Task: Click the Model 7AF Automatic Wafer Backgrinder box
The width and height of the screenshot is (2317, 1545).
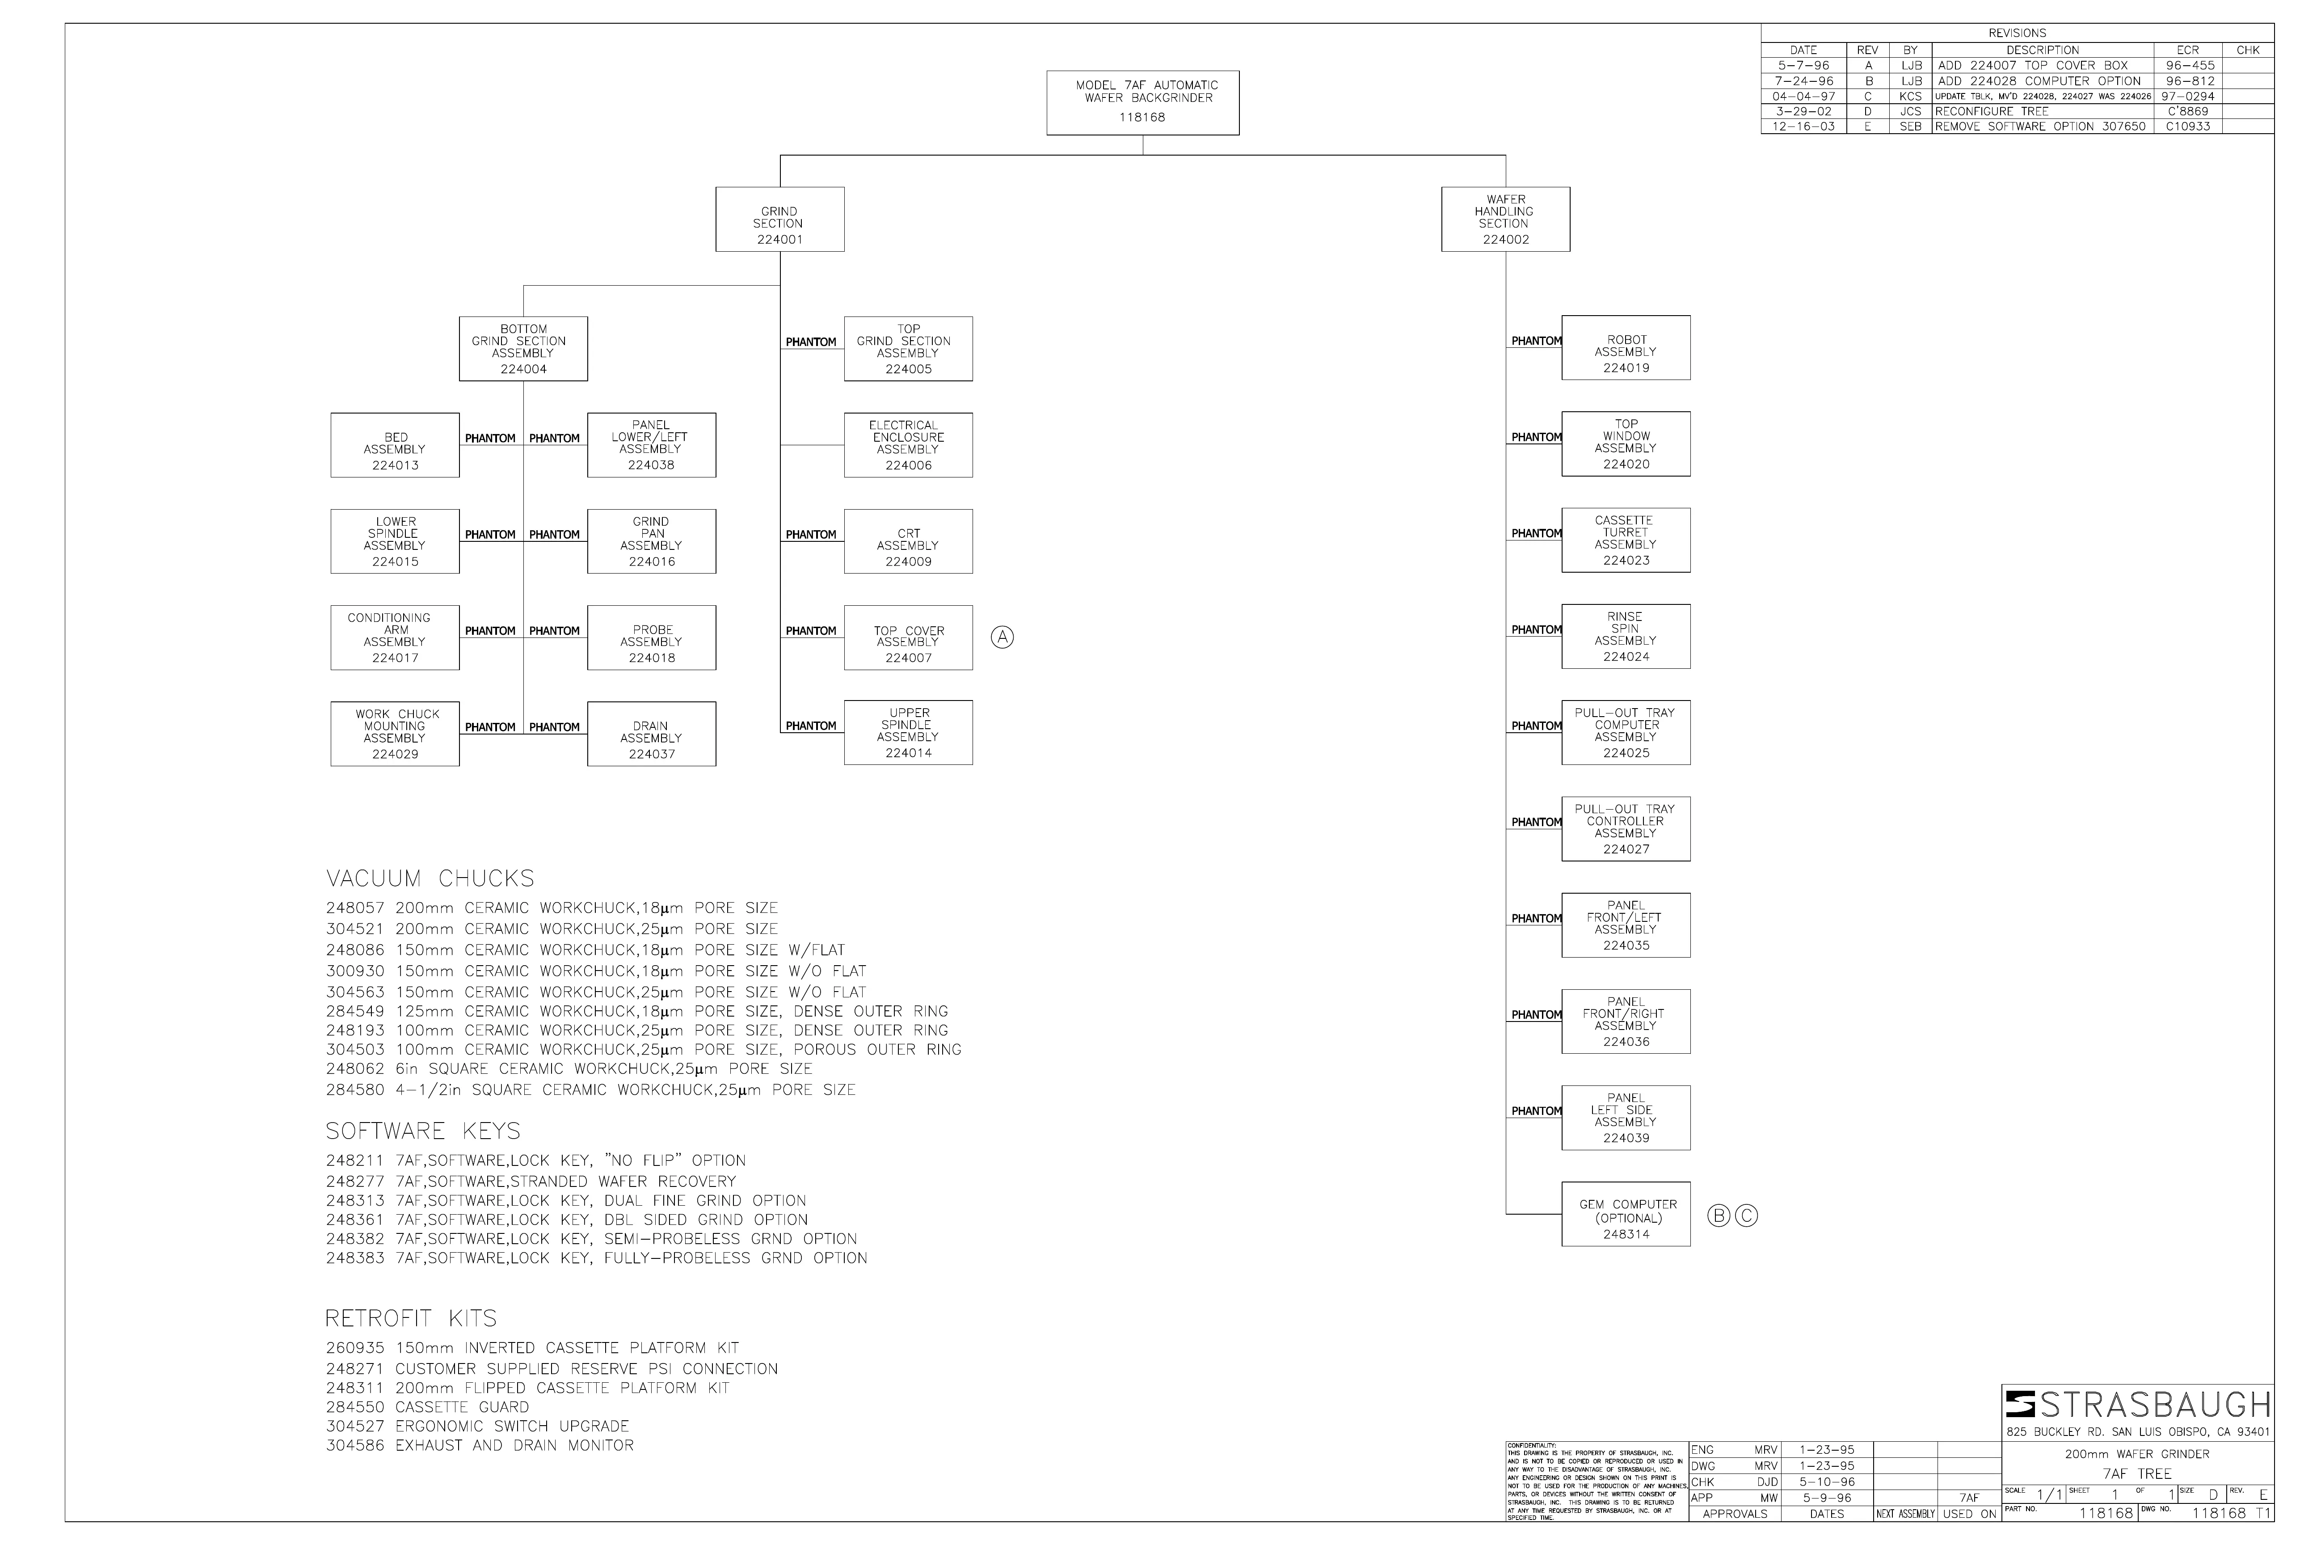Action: pos(1143,102)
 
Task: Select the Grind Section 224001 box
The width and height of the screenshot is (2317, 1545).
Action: pos(779,219)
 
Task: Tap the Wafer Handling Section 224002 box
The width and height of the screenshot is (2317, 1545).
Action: pos(1505,219)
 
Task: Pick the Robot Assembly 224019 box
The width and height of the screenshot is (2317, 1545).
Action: pos(1626,348)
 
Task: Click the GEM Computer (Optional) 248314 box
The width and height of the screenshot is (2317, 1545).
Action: pos(1626,1214)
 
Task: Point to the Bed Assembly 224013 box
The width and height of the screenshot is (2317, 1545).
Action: pos(395,445)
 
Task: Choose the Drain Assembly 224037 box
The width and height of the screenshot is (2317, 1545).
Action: pos(651,734)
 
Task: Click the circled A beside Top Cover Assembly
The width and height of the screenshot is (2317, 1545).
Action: pos(1002,637)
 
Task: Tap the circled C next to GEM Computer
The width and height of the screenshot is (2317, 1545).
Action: pos(1746,1216)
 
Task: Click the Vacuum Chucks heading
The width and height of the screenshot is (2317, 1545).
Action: pos(430,878)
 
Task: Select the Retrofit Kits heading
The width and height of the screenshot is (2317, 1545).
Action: pos(412,1318)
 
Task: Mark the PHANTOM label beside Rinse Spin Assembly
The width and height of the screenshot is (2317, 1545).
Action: pos(1536,629)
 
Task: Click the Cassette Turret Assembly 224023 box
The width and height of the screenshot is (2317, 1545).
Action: pos(1626,540)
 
